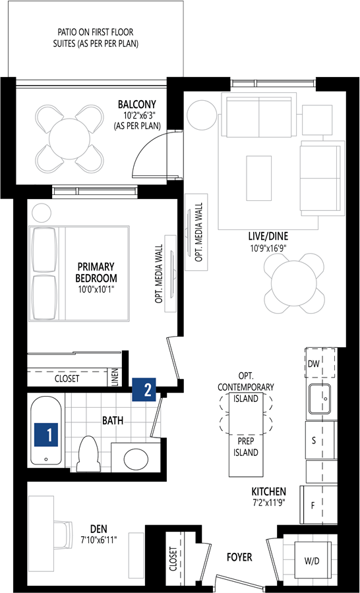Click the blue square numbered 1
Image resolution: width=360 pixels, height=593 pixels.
click(x=45, y=435)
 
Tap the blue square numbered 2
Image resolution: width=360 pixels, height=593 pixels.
click(x=144, y=389)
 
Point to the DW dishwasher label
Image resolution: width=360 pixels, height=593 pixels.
click(x=313, y=364)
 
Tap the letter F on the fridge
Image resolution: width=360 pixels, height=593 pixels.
click(x=313, y=505)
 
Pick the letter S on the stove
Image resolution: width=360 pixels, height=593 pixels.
click(x=313, y=441)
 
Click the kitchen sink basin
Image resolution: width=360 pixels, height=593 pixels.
click(x=320, y=399)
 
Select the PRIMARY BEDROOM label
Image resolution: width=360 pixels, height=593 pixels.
click(x=96, y=272)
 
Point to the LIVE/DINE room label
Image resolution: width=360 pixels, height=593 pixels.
click(x=268, y=237)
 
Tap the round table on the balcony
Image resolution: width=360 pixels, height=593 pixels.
click(x=70, y=138)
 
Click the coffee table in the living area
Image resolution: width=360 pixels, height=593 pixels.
click(x=259, y=178)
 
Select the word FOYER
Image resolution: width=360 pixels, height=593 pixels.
click(x=239, y=557)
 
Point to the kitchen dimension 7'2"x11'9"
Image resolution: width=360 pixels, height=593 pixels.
click(x=268, y=503)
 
